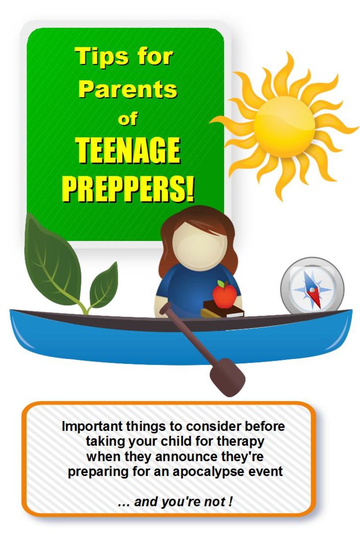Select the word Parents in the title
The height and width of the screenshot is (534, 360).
tap(128, 90)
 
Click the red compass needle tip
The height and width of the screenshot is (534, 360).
tap(320, 307)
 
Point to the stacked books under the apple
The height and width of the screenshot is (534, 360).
tap(222, 309)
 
